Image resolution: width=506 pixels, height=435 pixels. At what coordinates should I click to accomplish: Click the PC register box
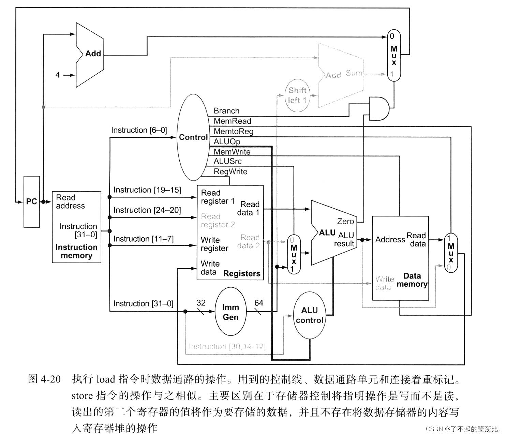(31, 201)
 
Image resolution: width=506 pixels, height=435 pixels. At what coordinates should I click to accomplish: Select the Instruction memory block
(76, 227)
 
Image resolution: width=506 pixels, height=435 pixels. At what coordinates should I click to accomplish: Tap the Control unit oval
(193, 137)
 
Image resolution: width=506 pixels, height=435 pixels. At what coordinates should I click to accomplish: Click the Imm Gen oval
(230, 312)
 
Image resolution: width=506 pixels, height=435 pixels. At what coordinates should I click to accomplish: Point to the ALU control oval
(309, 315)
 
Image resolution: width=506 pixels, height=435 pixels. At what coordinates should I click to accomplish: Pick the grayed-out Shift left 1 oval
(297, 95)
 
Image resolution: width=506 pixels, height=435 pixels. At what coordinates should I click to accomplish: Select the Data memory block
(400, 258)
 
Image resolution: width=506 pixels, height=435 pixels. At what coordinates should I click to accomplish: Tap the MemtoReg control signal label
(233, 131)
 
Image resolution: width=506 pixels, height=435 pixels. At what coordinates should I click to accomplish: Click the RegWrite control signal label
(230, 171)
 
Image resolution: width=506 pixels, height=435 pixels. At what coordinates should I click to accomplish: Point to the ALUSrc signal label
(227, 161)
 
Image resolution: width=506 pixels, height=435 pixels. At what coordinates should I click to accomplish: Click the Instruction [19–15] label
(147, 190)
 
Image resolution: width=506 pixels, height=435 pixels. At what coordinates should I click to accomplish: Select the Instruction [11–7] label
(143, 239)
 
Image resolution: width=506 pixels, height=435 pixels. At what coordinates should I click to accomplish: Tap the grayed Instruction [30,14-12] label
(227, 346)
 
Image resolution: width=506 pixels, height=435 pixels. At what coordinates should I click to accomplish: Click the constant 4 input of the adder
(58, 75)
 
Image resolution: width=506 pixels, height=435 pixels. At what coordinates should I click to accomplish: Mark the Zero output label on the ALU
(345, 221)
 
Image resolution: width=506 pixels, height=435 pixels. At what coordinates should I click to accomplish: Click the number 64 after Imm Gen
(259, 303)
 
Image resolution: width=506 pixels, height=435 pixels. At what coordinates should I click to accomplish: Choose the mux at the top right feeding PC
(394, 55)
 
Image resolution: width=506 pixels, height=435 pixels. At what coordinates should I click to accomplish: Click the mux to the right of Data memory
(451, 253)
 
